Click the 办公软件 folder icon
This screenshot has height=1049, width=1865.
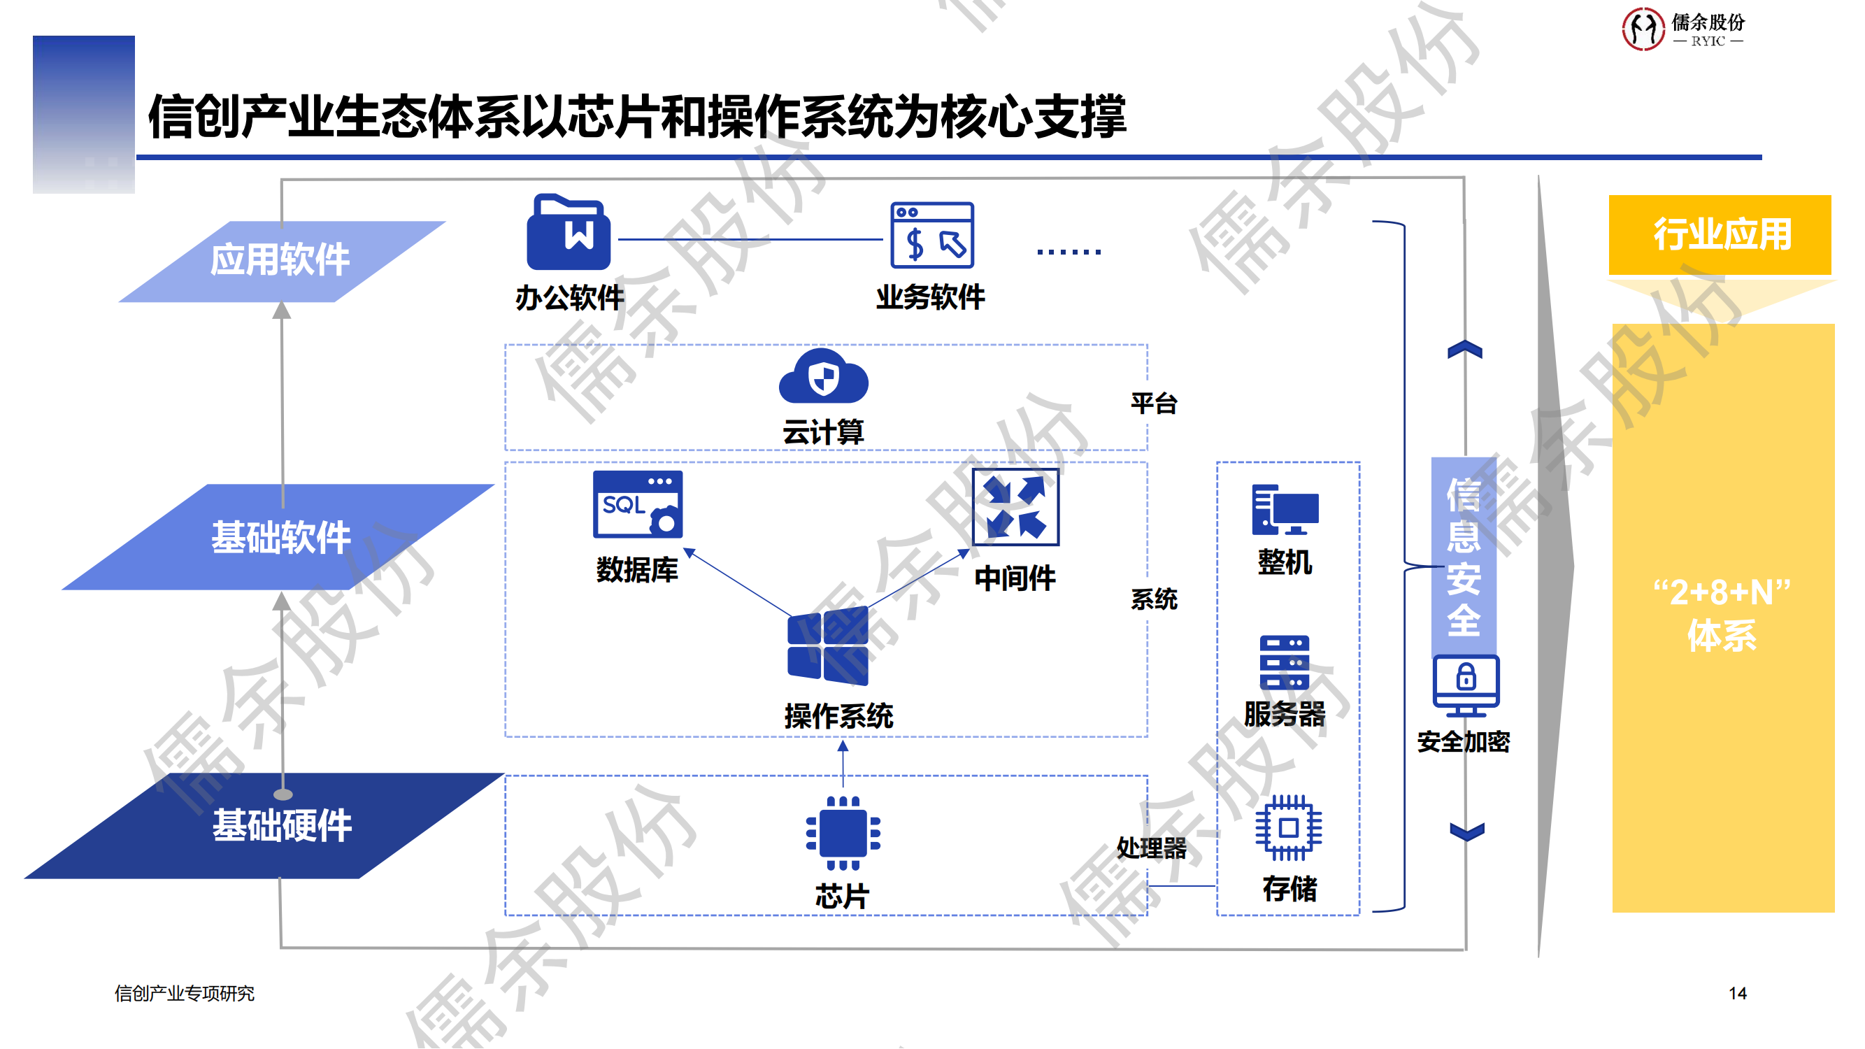(x=569, y=232)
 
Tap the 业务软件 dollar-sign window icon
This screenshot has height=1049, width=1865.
(x=931, y=235)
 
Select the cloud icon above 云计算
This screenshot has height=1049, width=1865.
(x=823, y=376)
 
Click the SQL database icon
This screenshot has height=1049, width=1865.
(x=637, y=505)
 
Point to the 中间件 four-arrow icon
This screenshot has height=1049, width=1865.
(x=1015, y=507)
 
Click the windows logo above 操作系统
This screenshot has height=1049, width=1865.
(x=827, y=646)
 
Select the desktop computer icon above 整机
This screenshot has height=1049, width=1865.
(x=1285, y=510)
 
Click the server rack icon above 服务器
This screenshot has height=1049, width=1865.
(x=1285, y=662)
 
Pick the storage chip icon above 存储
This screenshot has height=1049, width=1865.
(x=1288, y=827)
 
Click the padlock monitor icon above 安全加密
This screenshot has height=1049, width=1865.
(x=1466, y=684)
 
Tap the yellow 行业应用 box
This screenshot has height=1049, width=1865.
(x=1720, y=234)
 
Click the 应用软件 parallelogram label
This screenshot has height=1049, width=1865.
(x=280, y=261)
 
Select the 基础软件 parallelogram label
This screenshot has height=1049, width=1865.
(x=280, y=537)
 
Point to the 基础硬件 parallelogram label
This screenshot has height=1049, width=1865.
(x=282, y=825)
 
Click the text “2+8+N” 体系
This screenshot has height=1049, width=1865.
(x=1722, y=614)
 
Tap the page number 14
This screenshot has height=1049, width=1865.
(x=1738, y=993)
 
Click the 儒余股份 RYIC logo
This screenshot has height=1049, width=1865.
(x=1682, y=29)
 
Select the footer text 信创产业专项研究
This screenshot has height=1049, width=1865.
(x=185, y=993)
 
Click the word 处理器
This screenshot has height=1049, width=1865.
(x=1151, y=848)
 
